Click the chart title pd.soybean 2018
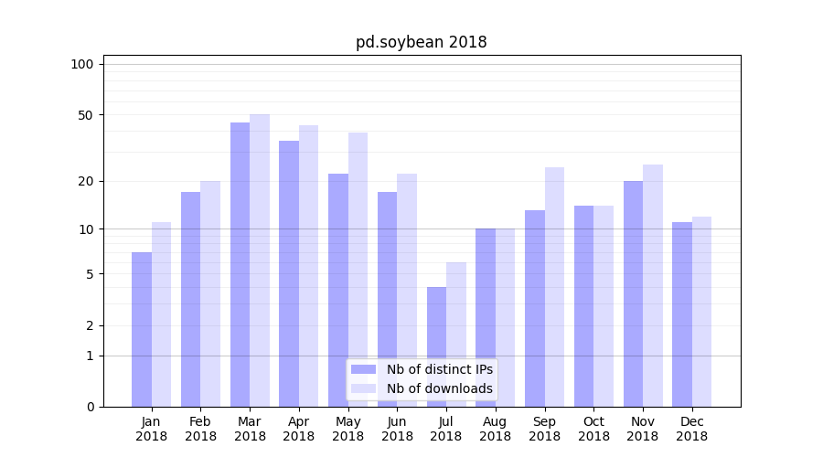pos(421,43)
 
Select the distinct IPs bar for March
pos(240,265)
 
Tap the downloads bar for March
pos(260,260)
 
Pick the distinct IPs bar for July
pos(436,347)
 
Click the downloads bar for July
pos(456,335)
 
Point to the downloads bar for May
pos(358,270)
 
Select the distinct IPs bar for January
pos(142,329)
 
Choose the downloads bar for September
pos(554,287)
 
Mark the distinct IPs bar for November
pos(633,293)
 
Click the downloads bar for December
pos(701,312)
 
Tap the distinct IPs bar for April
pos(289,274)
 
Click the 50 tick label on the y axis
pos(86,115)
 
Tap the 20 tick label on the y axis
pos(86,181)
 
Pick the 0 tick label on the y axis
pos(90,407)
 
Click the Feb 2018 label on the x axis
pos(200,429)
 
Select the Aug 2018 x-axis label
pos(496,429)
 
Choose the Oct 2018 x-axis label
pos(593,429)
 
